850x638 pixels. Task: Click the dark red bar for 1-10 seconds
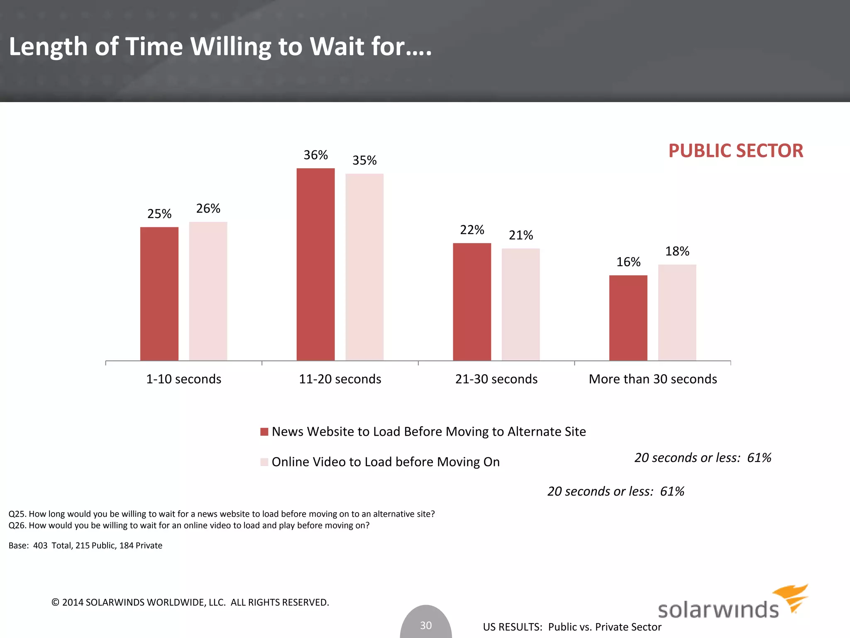click(x=159, y=294)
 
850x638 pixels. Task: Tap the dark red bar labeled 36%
click(x=315, y=264)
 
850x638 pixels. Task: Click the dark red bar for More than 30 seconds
click(x=628, y=318)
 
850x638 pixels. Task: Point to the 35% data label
click(x=364, y=160)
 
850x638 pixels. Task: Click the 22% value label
click(x=472, y=230)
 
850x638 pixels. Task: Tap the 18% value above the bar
click(x=677, y=251)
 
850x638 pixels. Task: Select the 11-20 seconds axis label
click(x=340, y=379)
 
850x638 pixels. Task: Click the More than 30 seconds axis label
click(x=652, y=379)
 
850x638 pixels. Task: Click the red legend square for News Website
click(x=264, y=432)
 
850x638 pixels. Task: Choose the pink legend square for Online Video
click(x=264, y=462)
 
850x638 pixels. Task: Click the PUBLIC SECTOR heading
click(x=735, y=151)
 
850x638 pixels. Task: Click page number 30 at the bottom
click(x=426, y=625)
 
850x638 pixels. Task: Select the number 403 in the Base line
click(x=40, y=545)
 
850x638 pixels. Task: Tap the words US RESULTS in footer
click(x=513, y=627)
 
